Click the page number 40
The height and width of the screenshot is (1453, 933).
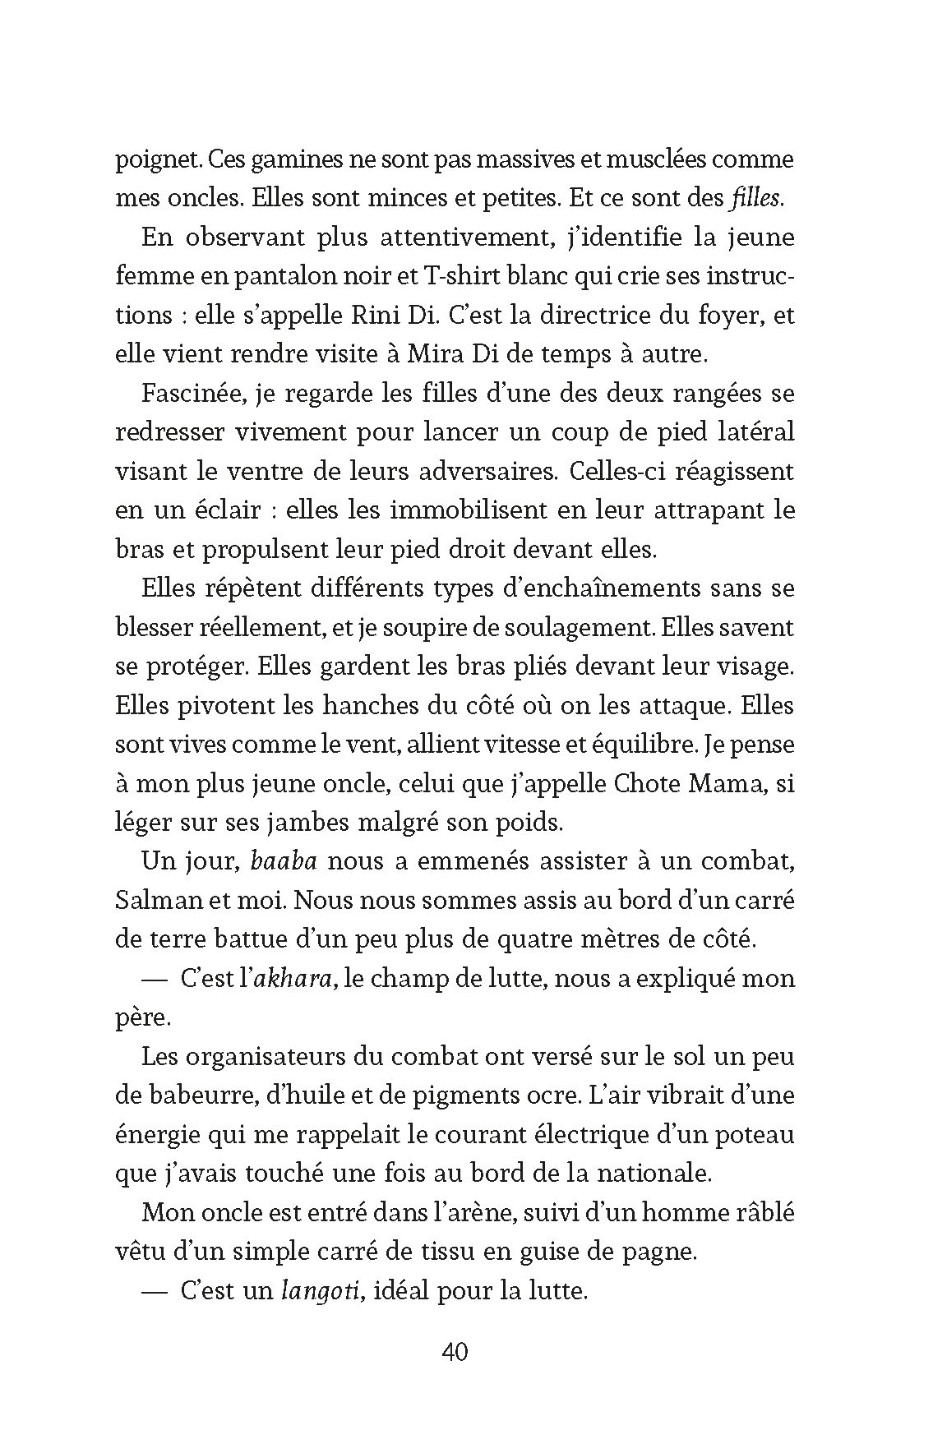coord(455,1351)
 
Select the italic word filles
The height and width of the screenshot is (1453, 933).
coord(755,198)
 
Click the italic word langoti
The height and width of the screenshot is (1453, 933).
coord(323,1291)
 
